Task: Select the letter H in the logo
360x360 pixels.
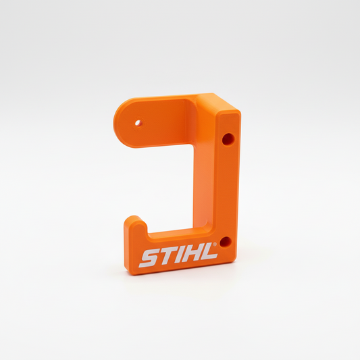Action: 190,255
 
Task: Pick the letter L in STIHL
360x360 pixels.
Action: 207,253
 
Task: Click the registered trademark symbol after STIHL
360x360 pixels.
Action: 216,246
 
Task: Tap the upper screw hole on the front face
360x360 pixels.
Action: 228,139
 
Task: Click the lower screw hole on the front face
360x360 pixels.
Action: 226,241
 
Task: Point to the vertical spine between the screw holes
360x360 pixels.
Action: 226,189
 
